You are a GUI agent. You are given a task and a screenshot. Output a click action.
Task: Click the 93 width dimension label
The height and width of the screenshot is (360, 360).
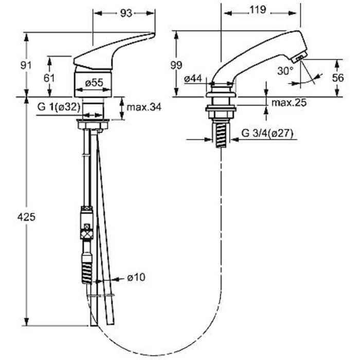[126, 13]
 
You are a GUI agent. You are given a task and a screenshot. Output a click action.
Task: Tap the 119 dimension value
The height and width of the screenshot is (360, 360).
[258, 10]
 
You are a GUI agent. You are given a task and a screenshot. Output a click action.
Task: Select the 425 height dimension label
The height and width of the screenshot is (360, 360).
[26, 217]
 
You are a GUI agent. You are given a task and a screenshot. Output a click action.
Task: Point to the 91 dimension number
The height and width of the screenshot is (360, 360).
[26, 66]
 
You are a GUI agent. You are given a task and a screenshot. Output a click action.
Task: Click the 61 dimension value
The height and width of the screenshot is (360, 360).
[49, 78]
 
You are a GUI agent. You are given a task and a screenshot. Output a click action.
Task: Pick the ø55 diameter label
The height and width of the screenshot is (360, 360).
[94, 82]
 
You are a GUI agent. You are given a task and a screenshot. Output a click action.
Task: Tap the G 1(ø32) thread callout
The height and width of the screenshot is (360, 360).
[59, 107]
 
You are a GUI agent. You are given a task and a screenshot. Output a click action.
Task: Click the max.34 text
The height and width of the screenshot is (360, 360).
[144, 107]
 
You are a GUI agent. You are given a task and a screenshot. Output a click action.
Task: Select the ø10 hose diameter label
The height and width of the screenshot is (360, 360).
[136, 277]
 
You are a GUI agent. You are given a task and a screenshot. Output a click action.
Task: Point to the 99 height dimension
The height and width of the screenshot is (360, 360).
[176, 65]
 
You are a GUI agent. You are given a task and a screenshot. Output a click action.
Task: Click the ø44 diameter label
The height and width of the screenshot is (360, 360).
[193, 79]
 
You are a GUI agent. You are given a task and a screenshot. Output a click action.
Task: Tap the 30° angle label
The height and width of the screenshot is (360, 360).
[285, 71]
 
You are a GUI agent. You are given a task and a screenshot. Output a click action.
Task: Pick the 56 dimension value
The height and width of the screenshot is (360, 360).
[338, 78]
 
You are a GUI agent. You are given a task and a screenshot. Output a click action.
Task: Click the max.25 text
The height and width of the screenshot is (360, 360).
[289, 103]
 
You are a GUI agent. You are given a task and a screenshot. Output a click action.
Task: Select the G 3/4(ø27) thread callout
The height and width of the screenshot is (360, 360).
[267, 133]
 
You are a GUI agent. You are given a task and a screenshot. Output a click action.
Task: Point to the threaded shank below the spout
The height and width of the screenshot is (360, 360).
[221, 134]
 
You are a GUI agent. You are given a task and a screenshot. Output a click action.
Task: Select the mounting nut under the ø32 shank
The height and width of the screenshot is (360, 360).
[93, 124]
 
